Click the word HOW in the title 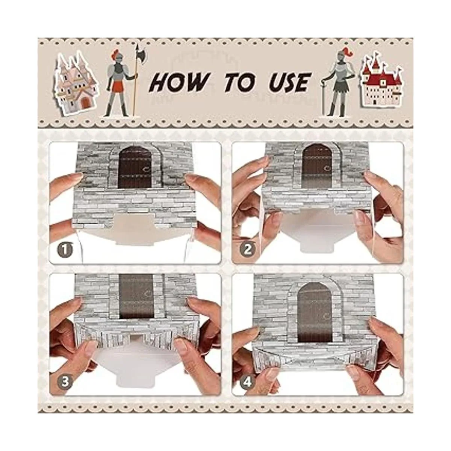point(179,82)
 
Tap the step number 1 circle point(65,250)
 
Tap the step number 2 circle point(248,250)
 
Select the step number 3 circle point(65,382)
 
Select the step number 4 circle point(248,383)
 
